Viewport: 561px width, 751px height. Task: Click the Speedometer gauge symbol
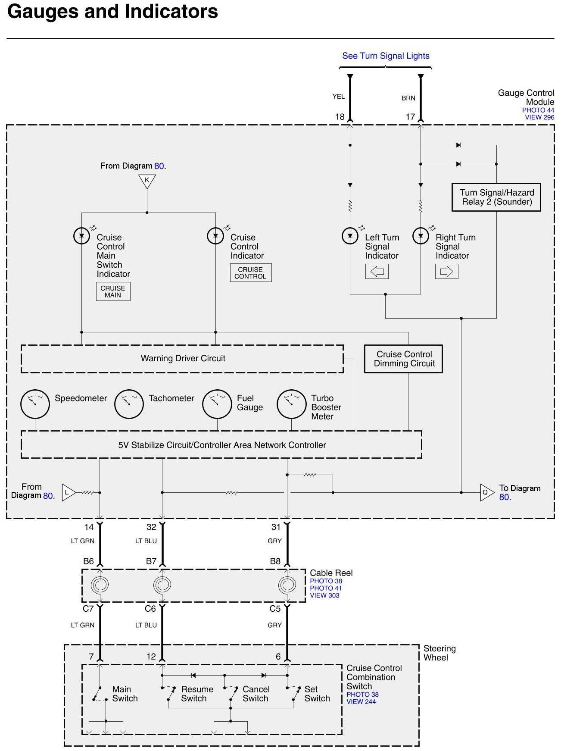(x=35, y=404)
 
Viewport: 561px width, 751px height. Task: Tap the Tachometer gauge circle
(x=129, y=404)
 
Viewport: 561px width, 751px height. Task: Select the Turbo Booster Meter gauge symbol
(x=291, y=404)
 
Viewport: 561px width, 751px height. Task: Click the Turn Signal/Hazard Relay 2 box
(x=496, y=197)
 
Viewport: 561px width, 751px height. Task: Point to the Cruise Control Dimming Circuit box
(x=404, y=359)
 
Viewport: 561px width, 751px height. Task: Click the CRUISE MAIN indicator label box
(x=113, y=291)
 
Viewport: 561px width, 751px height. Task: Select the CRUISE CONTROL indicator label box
(x=250, y=273)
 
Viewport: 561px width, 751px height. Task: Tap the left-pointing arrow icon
(x=377, y=271)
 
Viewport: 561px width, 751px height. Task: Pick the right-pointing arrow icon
(x=447, y=271)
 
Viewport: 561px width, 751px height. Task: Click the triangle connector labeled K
(x=147, y=181)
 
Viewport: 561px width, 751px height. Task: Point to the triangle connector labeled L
(x=69, y=492)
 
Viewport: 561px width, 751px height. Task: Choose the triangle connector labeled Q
(x=487, y=492)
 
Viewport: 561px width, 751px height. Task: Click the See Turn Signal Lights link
(x=386, y=56)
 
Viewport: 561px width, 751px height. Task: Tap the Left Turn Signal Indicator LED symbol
(x=350, y=236)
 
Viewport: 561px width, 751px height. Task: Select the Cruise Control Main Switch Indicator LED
(x=81, y=236)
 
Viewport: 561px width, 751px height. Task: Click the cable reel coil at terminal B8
(x=287, y=585)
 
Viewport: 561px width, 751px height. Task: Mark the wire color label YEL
(x=339, y=97)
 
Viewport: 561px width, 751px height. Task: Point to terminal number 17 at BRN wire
(x=410, y=117)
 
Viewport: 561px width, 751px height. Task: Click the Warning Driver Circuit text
(x=183, y=358)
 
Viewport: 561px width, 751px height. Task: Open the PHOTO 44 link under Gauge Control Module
(x=538, y=110)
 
